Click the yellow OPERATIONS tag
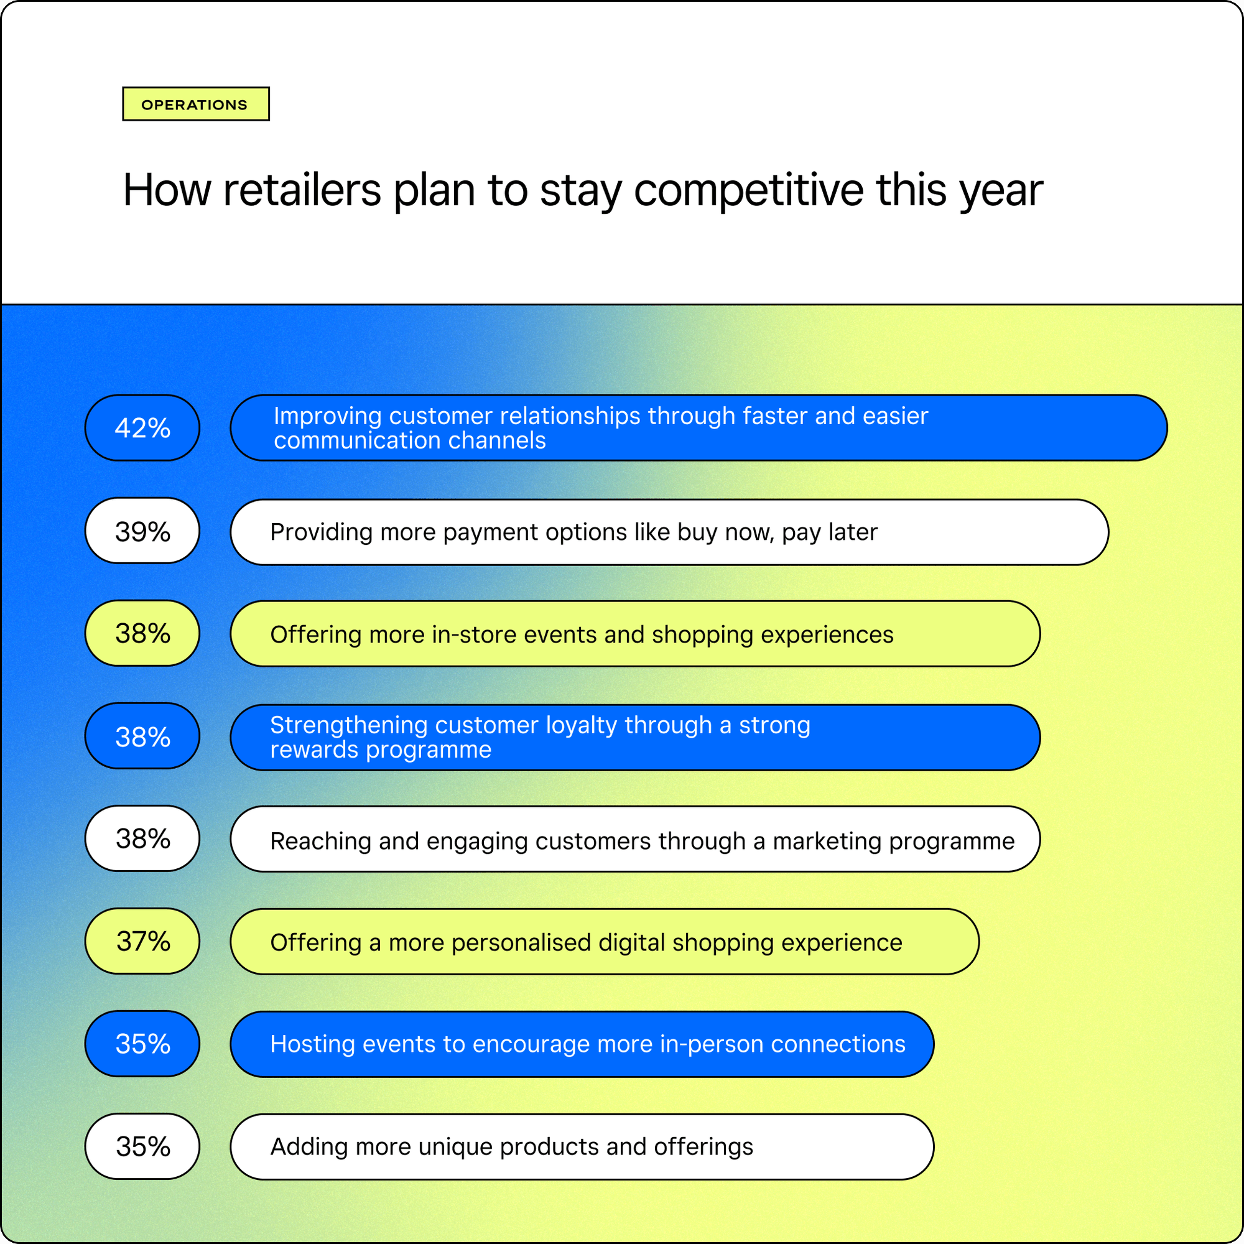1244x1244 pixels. (196, 104)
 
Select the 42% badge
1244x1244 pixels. (142, 427)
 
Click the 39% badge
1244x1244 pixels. (142, 531)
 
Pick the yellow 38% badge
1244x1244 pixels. (142, 633)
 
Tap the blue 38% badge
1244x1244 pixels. (142, 736)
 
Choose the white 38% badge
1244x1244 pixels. (142, 838)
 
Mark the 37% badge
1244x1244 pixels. (142, 940)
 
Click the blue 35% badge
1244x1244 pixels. (142, 1044)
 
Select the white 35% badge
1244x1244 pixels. (142, 1146)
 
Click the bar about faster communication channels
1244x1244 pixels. (699, 427)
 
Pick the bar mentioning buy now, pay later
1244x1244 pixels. (670, 532)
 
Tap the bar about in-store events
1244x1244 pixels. (635, 634)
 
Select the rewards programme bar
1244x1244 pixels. (635, 737)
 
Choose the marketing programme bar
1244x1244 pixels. (635, 839)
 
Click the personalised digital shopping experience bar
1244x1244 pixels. (605, 941)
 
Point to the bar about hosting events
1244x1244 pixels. (582, 1044)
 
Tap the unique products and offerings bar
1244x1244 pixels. (582, 1147)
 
